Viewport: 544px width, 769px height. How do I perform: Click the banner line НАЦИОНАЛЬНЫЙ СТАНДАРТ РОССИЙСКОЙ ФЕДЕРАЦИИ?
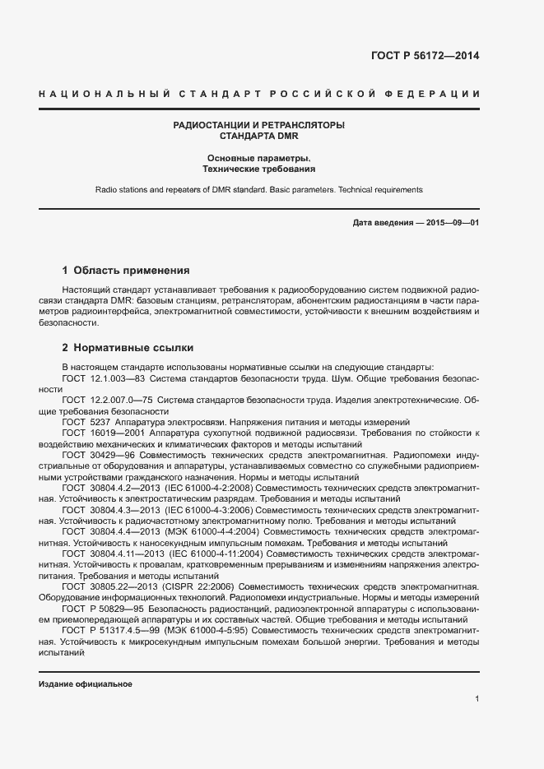[x=259, y=95]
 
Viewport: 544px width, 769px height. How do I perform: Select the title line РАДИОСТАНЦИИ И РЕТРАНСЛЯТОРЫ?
[x=258, y=125]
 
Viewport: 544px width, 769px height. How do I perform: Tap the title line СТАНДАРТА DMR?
[x=258, y=137]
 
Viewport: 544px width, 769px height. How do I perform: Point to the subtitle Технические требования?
[x=258, y=169]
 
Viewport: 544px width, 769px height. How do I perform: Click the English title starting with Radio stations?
[x=258, y=189]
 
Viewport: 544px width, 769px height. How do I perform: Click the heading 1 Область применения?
[x=127, y=270]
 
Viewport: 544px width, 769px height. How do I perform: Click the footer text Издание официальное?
[x=86, y=684]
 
